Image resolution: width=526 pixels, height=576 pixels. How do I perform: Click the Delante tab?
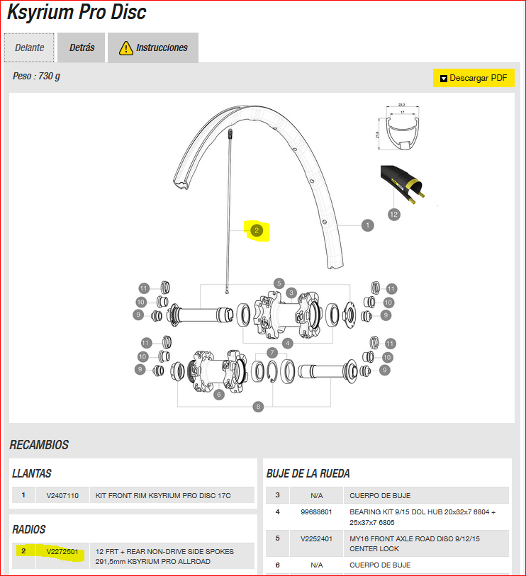[x=30, y=48]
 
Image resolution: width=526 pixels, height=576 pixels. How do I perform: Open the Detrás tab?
[x=82, y=48]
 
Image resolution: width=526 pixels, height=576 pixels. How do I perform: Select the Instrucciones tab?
[x=153, y=48]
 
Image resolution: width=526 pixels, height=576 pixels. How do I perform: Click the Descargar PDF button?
[x=473, y=78]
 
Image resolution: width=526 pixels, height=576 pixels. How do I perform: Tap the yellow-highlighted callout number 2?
[x=257, y=230]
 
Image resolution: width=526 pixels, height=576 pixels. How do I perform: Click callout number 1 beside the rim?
[x=366, y=225]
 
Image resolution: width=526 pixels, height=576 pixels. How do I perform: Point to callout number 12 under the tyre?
[x=394, y=213]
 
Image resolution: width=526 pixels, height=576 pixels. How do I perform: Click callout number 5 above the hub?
[x=279, y=283]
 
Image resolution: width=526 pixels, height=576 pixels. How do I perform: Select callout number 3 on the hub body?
[x=291, y=293]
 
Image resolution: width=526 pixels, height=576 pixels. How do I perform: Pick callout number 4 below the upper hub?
[x=287, y=343]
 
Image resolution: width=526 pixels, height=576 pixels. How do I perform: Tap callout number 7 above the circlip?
[x=272, y=352]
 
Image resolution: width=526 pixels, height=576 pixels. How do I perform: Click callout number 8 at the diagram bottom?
[x=258, y=407]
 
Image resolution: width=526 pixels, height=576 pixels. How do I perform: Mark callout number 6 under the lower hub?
[x=218, y=394]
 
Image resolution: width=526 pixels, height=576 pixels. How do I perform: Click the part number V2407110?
[x=62, y=496]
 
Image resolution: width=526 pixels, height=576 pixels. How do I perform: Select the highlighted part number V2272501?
[x=62, y=551]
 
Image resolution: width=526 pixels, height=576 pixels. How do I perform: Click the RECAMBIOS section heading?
[x=39, y=445]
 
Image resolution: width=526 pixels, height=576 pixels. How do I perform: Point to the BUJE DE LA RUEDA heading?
[x=308, y=473]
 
